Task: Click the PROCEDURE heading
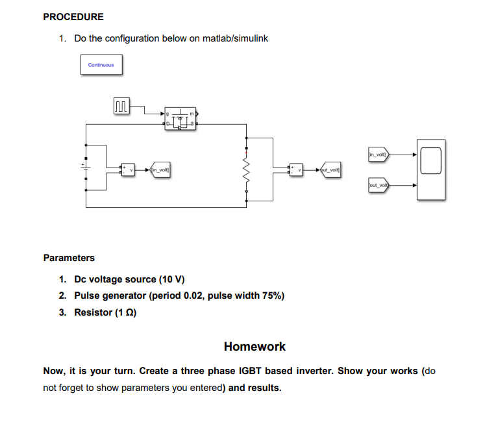(x=73, y=17)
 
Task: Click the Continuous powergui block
(x=101, y=65)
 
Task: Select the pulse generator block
(x=121, y=107)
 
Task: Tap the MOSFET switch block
(x=181, y=118)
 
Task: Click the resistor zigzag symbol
(x=245, y=171)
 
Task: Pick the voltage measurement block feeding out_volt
(x=296, y=170)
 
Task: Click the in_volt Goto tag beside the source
(x=160, y=170)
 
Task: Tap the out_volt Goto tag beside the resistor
(x=331, y=170)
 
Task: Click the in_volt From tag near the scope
(x=377, y=155)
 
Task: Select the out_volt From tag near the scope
(x=377, y=185)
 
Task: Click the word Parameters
(x=69, y=258)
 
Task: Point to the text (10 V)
(x=171, y=279)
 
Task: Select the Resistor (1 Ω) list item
(x=105, y=312)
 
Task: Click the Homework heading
(x=255, y=346)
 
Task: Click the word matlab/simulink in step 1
(x=235, y=38)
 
